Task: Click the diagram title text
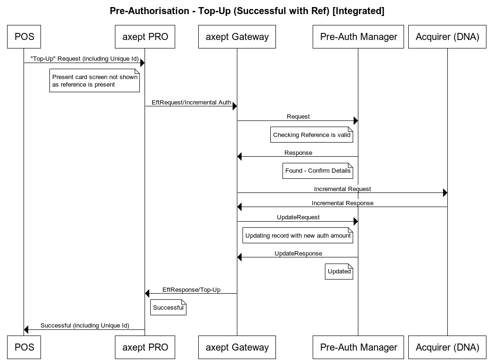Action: pyautogui.click(x=247, y=11)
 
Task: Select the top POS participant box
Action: pyautogui.click(x=24, y=37)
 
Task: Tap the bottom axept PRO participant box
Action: pyautogui.click(x=145, y=347)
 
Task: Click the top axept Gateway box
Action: pyautogui.click(x=237, y=37)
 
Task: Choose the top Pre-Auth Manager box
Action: pyautogui.click(x=358, y=37)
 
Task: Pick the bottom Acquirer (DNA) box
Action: pyautogui.click(x=447, y=347)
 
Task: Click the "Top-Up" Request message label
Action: pyautogui.click(x=84, y=59)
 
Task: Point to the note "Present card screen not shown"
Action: pyautogui.click(x=95, y=80)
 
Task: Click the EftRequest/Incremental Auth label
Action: pyautogui.click(x=191, y=102)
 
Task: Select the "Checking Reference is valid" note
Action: pyautogui.click(x=312, y=135)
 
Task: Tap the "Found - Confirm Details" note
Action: pyautogui.click(x=318, y=171)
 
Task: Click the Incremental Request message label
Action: pyautogui.click(x=342, y=189)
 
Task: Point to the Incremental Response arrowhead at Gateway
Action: pyautogui.click(x=240, y=207)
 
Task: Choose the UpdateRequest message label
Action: pyautogui.click(x=298, y=217)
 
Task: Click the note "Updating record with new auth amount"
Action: pyautogui.click(x=298, y=236)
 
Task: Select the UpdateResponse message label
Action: pyautogui.click(x=298, y=253)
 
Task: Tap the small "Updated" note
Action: pyautogui.click(x=339, y=272)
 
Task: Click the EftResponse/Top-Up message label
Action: pyautogui.click(x=191, y=289)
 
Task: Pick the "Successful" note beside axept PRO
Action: pyautogui.click(x=168, y=308)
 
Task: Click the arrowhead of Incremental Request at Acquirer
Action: pyautogui.click(x=445, y=193)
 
